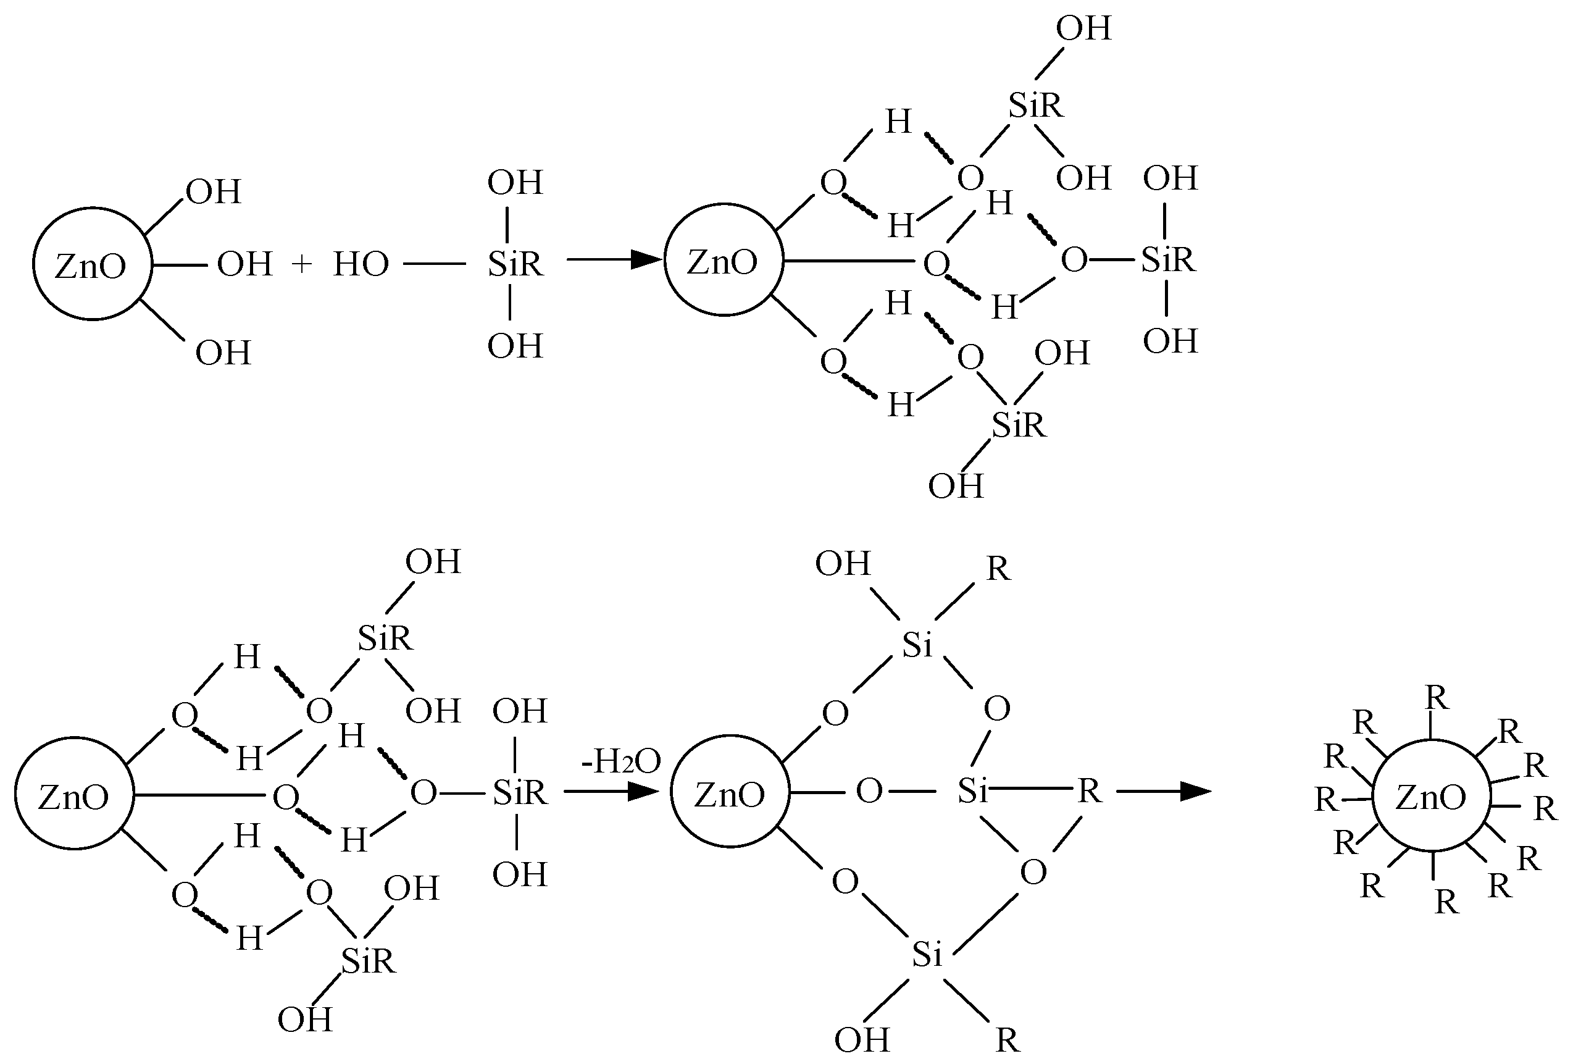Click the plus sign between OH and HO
click(x=302, y=264)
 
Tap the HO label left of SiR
click(x=361, y=264)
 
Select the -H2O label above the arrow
click(x=620, y=761)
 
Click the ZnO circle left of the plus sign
click(x=92, y=264)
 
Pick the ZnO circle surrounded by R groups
click(x=1431, y=796)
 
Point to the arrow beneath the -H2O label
click(x=611, y=790)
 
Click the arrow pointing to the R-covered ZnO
click(x=1163, y=790)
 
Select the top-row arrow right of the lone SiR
click(x=613, y=259)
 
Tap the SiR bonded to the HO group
click(x=515, y=264)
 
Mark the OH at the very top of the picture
click(x=1083, y=28)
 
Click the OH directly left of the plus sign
click(x=244, y=264)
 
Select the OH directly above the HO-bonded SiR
click(x=515, y=183)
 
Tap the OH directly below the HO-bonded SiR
click(x=515, y=346)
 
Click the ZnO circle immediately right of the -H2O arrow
click(x=730, y=792)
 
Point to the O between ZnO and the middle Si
click(x=869, y=790)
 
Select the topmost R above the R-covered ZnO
click(x=1437, y=698)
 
